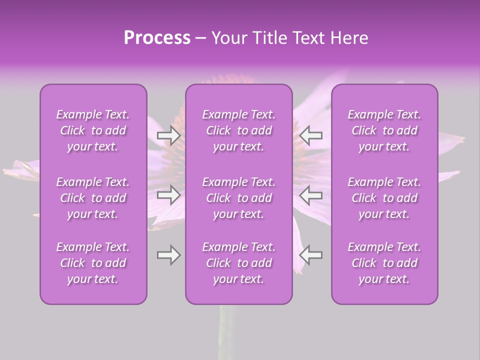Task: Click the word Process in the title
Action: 157,37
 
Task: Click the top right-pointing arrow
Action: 169,135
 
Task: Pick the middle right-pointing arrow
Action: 169,195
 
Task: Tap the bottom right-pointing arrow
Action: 169,255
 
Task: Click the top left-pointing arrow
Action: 311,135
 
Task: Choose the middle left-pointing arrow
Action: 311,195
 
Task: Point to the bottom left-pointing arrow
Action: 311,255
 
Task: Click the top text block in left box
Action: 93,130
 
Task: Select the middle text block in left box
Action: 93,198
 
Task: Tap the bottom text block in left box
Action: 93,263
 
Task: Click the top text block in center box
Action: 239,130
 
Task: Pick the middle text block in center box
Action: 239,198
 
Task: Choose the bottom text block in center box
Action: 239,263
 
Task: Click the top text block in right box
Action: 384,130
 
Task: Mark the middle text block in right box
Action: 384,198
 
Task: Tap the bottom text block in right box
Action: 384,263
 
